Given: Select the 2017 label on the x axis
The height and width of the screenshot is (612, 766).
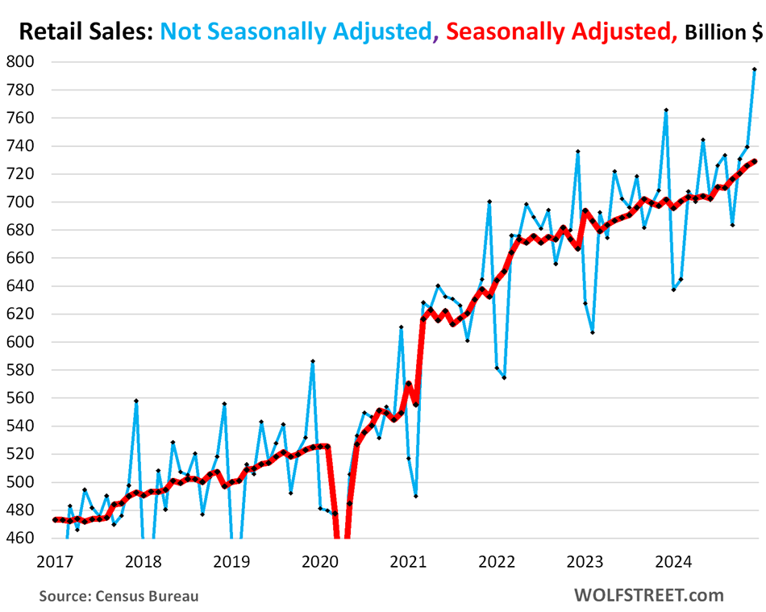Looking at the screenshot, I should tap(54, 558).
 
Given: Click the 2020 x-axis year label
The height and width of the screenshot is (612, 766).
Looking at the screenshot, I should tap(319, 558).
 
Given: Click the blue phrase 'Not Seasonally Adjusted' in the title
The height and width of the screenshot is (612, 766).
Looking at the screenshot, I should tap(296, 31).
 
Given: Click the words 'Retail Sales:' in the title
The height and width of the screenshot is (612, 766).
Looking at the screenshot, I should tap(85, 31).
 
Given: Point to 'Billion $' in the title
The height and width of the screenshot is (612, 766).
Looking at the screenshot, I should tap(722, 32).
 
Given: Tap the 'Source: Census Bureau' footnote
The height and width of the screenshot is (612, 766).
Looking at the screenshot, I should tap(119, 597).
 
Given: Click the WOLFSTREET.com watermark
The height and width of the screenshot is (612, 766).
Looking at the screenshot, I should tap(649, 596).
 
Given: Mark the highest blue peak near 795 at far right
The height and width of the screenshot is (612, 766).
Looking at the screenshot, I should tap(754, 69).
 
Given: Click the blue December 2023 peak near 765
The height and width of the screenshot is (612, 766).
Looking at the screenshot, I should tap(666, 110).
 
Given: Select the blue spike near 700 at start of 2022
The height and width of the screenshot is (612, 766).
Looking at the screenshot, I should tap(489, 202).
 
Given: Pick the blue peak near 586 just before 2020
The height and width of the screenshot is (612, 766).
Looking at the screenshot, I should tap(313, 361).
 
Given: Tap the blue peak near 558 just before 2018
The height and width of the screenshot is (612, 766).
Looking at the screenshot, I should tap(136, 401).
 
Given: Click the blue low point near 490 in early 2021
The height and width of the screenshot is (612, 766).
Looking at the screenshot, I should tap(416, 496).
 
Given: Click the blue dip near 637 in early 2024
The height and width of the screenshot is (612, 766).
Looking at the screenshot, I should tap(673, 289).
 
